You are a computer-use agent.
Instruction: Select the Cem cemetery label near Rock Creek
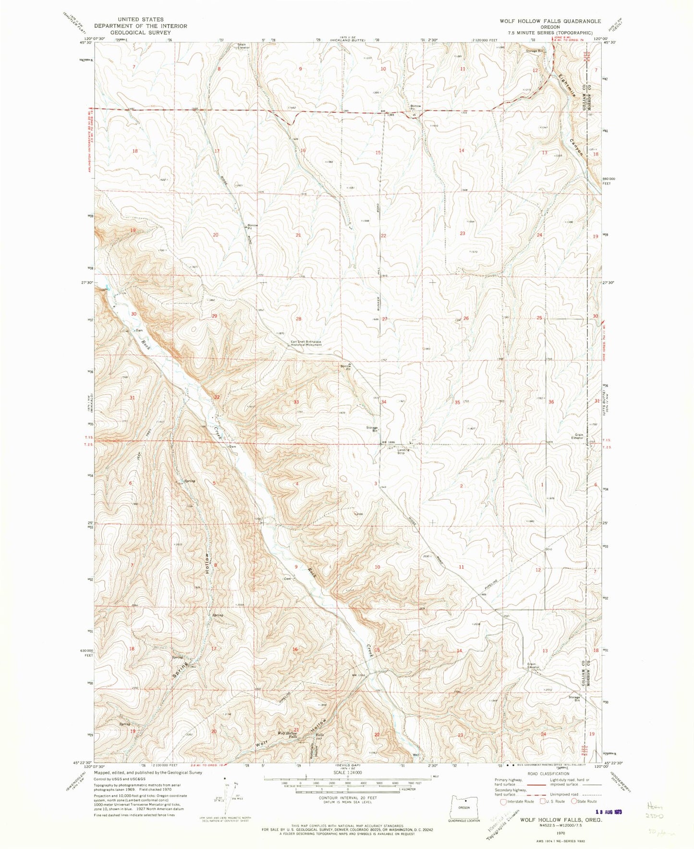pyautogui.click(x=287, y=579)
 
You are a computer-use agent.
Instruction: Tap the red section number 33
pyautogui.click(x=296, y=402)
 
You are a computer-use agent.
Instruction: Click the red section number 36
pyautogui.click(x=551, y=402)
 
